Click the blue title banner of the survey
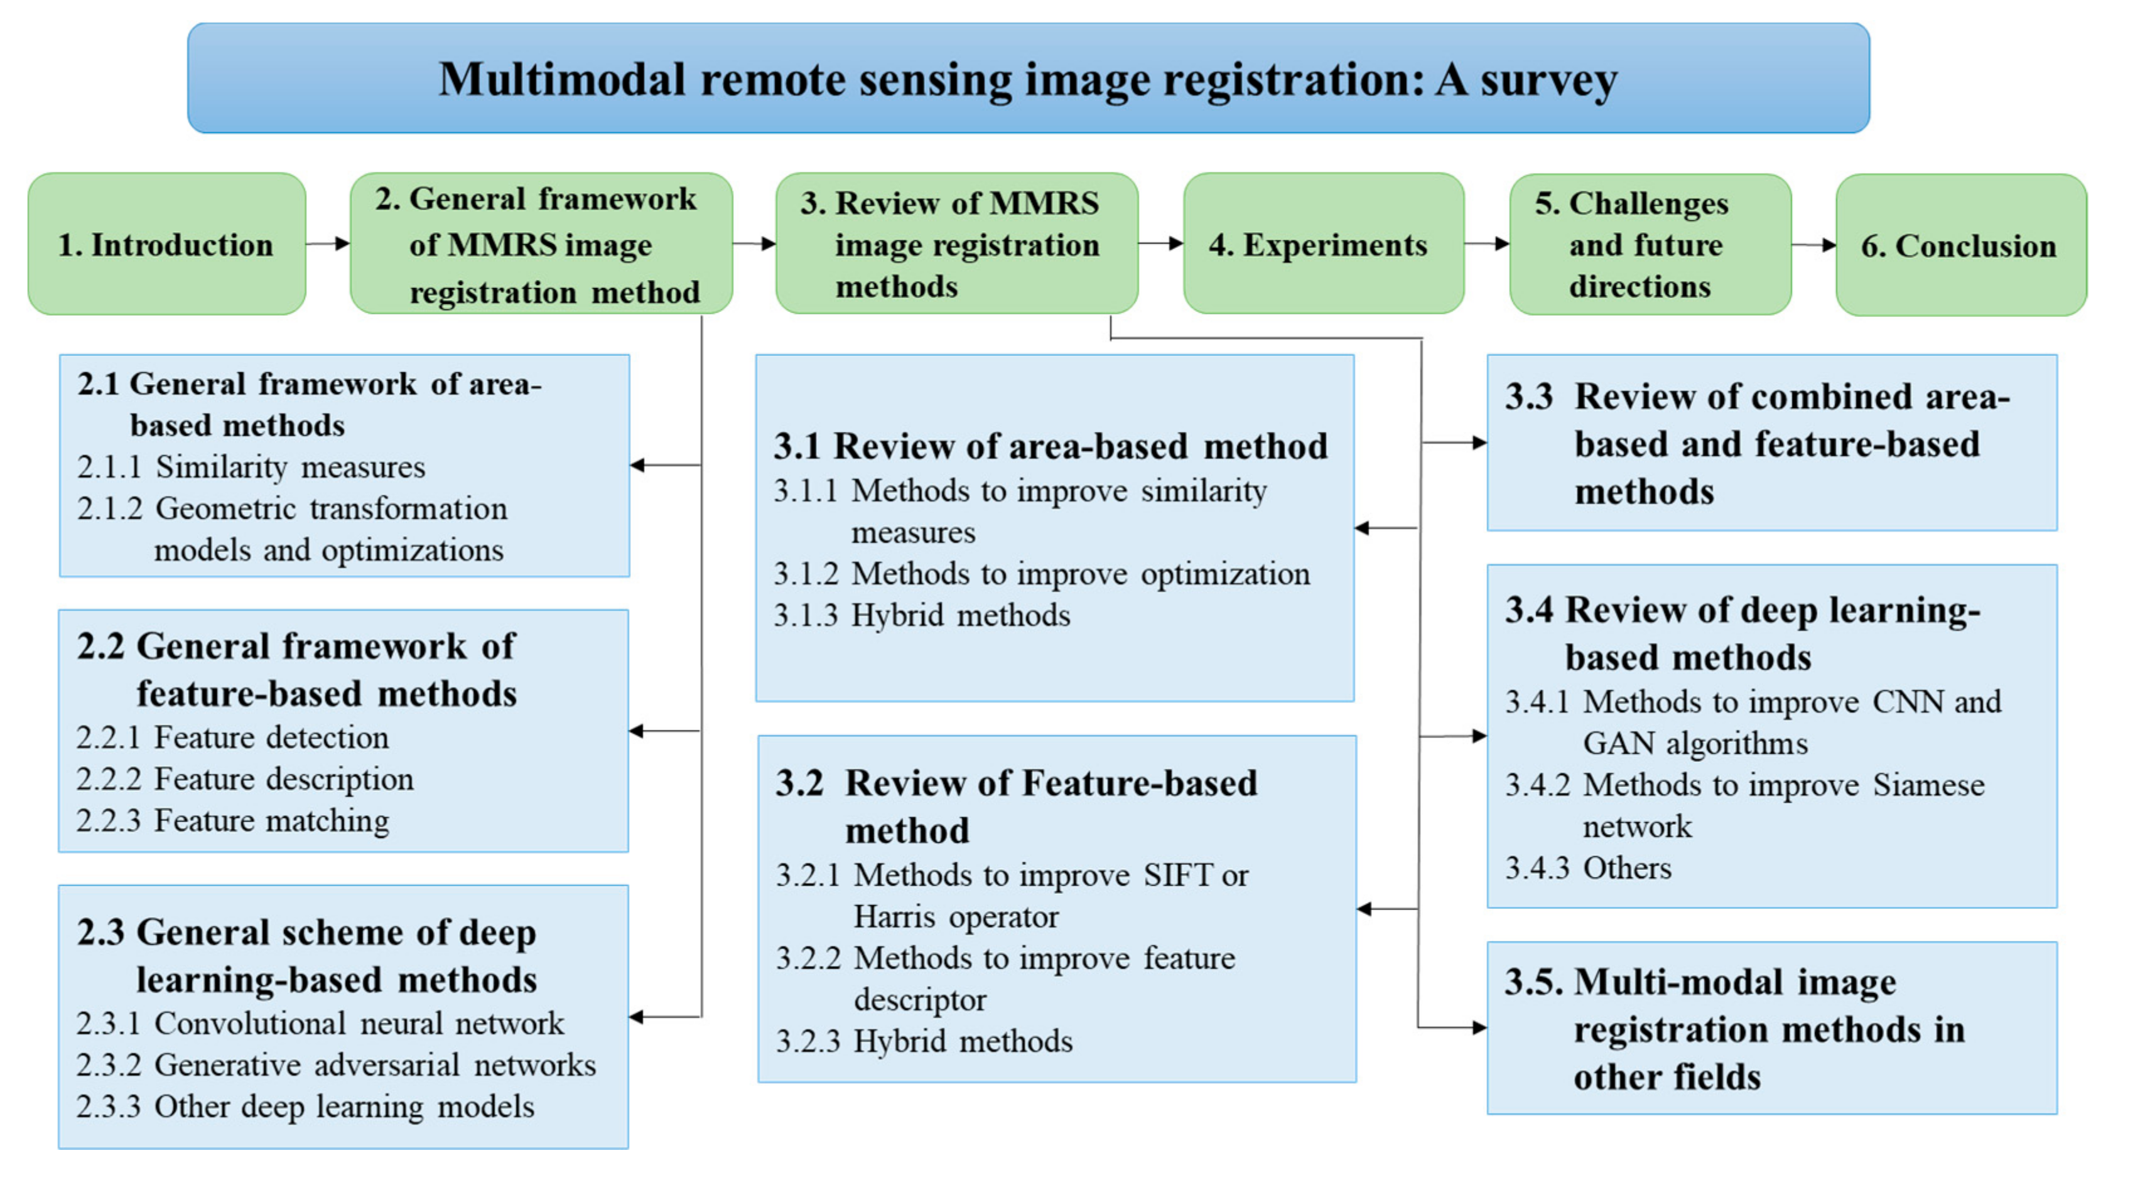pyautogui.click(x=1029, y=78)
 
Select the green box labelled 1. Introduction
pyautogui.click(x=166, y=245)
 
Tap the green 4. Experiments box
pyautogui.click(x=1323, y=245)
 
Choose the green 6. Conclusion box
pyautogui.click(x=1960, y=245)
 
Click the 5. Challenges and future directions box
pyautogui.click(x=1649, y=245)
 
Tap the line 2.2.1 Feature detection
pyautogui.click(x=233, y=737)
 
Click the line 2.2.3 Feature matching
pyautogui.click(x=233, y=821)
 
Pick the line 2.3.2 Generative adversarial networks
pyautogui.click(x=335, y=1066)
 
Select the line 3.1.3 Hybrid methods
pyautogui.click(x=921, y=616)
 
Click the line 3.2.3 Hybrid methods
pyautogui.click(x=924, y=1041)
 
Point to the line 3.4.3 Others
pyautogui.click(x=1587, y=869)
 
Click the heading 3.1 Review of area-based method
pyautogui.click(x=1050, y=446)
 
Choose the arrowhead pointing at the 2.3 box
pyautogui.click(x=637, y=1017)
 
